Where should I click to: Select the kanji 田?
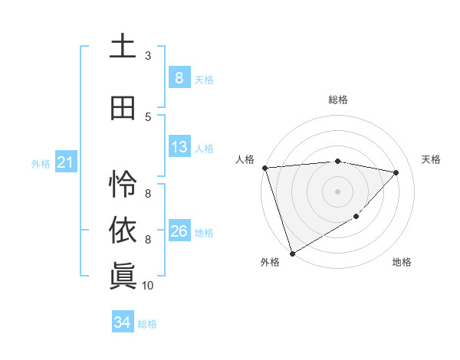click(123, 108)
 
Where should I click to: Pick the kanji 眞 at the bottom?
click(123, 277)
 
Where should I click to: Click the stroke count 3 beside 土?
click(148, 56)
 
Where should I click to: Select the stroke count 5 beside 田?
click(148, 116)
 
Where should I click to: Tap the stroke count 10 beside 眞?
click(148, 286)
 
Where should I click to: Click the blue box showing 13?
click(179, 147)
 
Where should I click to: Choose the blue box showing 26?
click(179, 231)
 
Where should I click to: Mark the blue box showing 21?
click(65, 162)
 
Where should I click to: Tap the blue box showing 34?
click(122, 323)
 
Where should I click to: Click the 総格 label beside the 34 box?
click(147, 324)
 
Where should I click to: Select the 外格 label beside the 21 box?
click(41, 163)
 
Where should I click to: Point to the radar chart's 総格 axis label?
click(337, 100)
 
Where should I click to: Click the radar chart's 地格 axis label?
click(402, 262)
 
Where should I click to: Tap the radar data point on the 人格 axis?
click(264, 168)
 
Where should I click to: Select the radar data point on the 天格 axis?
click(396, 172)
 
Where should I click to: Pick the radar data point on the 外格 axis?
click(292, 253)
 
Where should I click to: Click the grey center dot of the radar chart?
click(337, 191)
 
